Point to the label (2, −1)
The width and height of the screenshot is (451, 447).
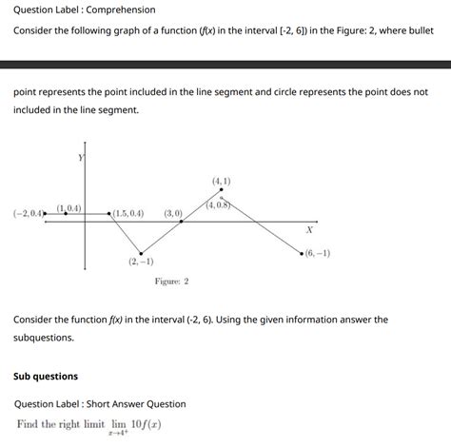141,262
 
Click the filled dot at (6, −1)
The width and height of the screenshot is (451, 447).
302,254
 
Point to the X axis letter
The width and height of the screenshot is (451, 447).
309,230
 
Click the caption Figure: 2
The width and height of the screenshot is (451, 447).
171,282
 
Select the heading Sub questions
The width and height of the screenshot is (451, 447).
46,376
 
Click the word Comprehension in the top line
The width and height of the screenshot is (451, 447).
121,10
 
